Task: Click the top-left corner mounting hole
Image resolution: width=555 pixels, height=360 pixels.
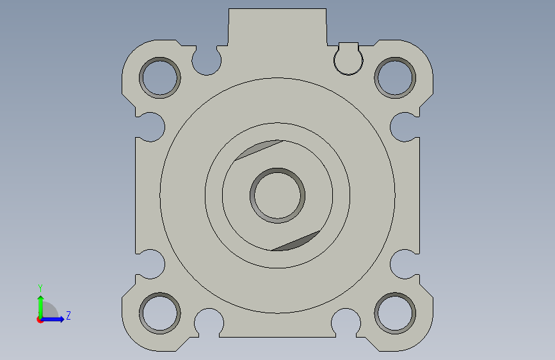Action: coord(160,78)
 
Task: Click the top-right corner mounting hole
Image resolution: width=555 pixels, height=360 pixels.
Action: coord(395,78)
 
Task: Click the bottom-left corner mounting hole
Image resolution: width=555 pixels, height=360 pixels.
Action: coord(160,313)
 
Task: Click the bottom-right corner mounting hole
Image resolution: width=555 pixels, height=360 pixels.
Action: coord(395,313)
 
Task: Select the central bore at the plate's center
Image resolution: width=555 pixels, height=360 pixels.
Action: coord(278,195)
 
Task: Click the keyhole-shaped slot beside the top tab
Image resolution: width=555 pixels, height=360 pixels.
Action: coord(348,58)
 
